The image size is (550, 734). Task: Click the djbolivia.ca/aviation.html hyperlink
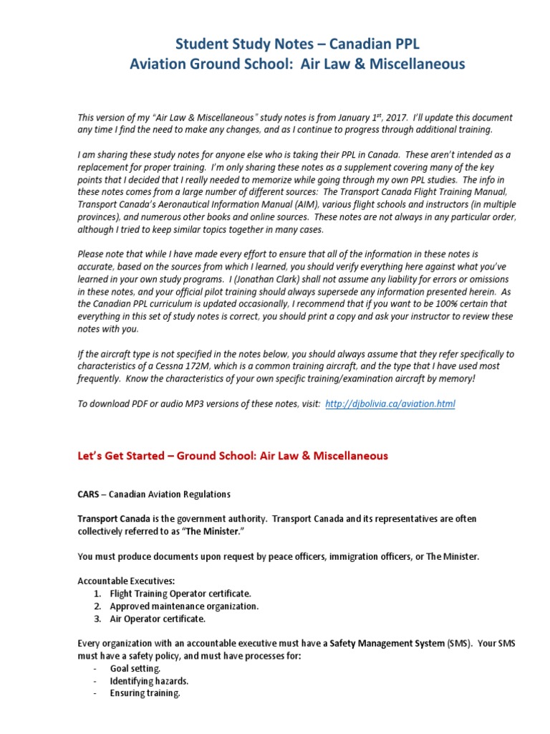click(390, 404)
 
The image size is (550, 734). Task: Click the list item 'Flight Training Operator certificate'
click(180, 594)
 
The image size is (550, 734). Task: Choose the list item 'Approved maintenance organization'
click(184, 606)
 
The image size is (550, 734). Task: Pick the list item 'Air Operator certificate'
click(158, 618)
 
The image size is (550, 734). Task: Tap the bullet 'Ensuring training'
click(140, 693)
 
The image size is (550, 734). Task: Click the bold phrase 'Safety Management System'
click(387, 644)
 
